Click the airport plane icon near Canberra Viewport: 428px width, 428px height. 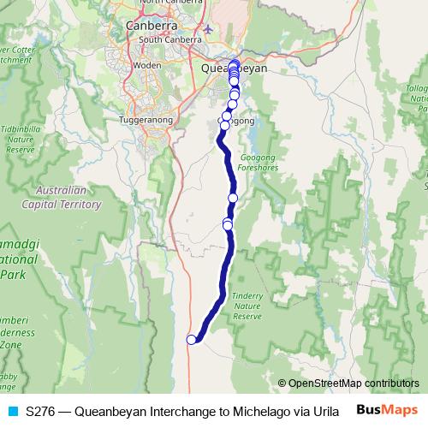(208, 32)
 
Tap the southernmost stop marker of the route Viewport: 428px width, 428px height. (192, 340)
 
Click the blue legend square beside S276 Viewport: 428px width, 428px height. (11, 411)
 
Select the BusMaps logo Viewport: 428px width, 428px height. (388, 410)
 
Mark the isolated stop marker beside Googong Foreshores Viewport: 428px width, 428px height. (232, 198)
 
